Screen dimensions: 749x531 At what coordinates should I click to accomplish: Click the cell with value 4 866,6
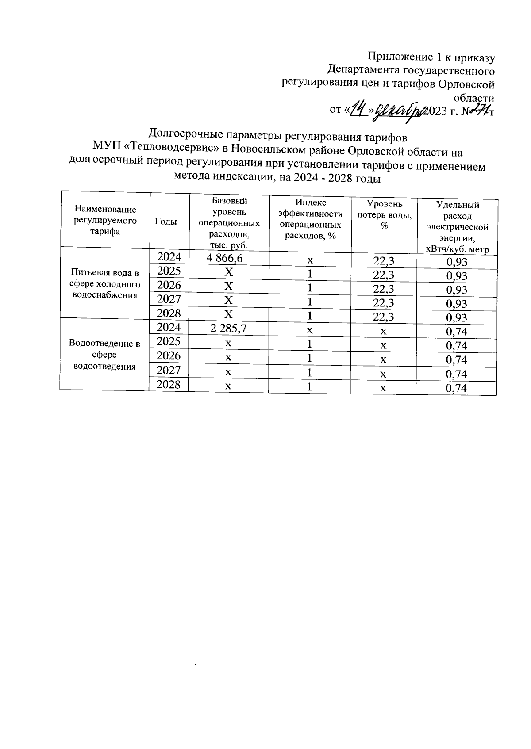227,258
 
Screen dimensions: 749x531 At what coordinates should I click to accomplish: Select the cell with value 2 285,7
228,329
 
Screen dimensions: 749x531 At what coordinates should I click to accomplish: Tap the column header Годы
165,222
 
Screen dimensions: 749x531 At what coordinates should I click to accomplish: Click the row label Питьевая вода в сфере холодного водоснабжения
105,284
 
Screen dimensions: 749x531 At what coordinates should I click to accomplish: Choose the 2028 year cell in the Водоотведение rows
169,385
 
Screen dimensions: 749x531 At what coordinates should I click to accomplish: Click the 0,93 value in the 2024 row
457,262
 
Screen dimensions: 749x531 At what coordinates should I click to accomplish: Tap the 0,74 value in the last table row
456,389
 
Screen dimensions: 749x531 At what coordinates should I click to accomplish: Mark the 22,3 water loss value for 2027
384,303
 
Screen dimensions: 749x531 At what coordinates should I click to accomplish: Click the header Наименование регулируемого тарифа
105,220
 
